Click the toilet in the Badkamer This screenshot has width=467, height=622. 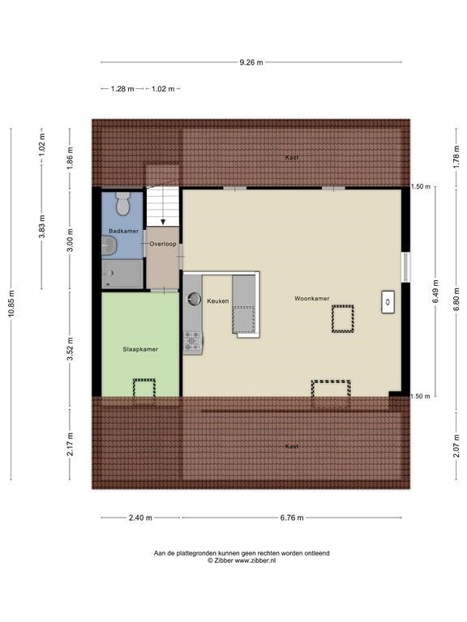pyautogui.click(x=123, y=203)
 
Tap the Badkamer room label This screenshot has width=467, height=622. pyautogui.click(x=123, y=231)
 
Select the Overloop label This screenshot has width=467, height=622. pyautogui.click(x=163, y=244)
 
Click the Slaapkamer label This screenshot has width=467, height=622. pyautogui.click(x=140, y=349)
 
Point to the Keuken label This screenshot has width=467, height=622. pyautogui.click(x=217, y=301)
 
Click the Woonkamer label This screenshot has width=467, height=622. pyautogui.click(x=311, y=298)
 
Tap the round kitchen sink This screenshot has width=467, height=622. pyautogui.click(x=195, y=298)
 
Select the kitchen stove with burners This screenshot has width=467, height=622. pyautogui.click(x=193, y=342)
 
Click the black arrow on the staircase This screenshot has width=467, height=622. pyautogui.click(x=163, y=221)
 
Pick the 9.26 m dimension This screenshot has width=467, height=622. pyautogui.click(x=251, y=62)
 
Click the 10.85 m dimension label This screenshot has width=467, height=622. pyautogui.click(x=11, y=304)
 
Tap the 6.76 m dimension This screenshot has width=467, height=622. pyautogui.click(x=292, y=518)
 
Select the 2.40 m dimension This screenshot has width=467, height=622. pyautogui.click(x=140, y=518)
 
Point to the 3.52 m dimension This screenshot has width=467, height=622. pyautogui.click(x=70, y=349)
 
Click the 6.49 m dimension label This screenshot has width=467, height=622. pyautogui.click(x=435, y=292)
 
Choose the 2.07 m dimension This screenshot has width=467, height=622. pyautogui.click(x=456, y=445)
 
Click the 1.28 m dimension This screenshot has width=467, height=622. pyautogui.click(x=122, y=89)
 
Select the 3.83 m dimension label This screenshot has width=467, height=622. pyautogui.click(x=41, y=227)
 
